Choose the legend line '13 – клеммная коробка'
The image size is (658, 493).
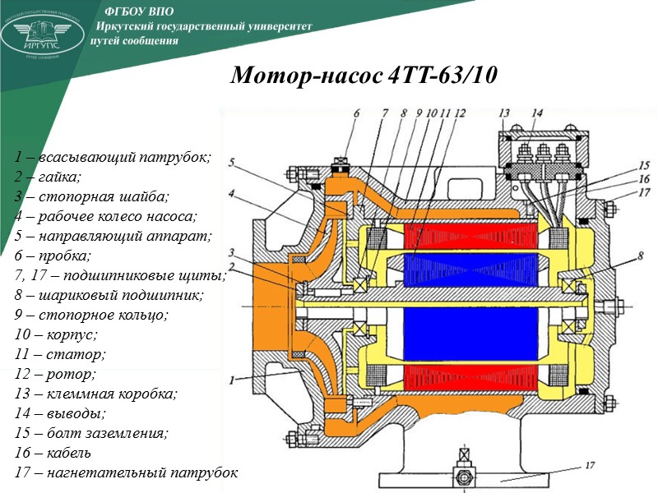click(95, 394)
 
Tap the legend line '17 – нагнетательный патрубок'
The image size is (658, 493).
click(126, 473)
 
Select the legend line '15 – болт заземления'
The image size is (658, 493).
click(91, 433)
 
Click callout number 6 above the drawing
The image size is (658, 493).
click(356, 113)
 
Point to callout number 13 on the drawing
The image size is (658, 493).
click(504, 113)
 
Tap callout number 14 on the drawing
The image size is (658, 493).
click(536, 113)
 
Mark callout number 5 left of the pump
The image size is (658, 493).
click(233, 162)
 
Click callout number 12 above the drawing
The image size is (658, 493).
click(459, 113)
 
